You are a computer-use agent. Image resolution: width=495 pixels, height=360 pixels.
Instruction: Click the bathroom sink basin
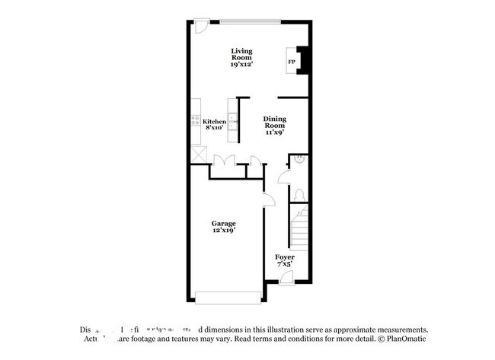pos(300,159)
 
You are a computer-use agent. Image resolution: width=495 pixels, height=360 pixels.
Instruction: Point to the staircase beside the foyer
pos(299,228)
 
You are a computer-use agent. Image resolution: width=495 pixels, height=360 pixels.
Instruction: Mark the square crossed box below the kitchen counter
pos(199,152)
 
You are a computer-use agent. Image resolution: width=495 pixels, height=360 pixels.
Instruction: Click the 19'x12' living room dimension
pos(241,65)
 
